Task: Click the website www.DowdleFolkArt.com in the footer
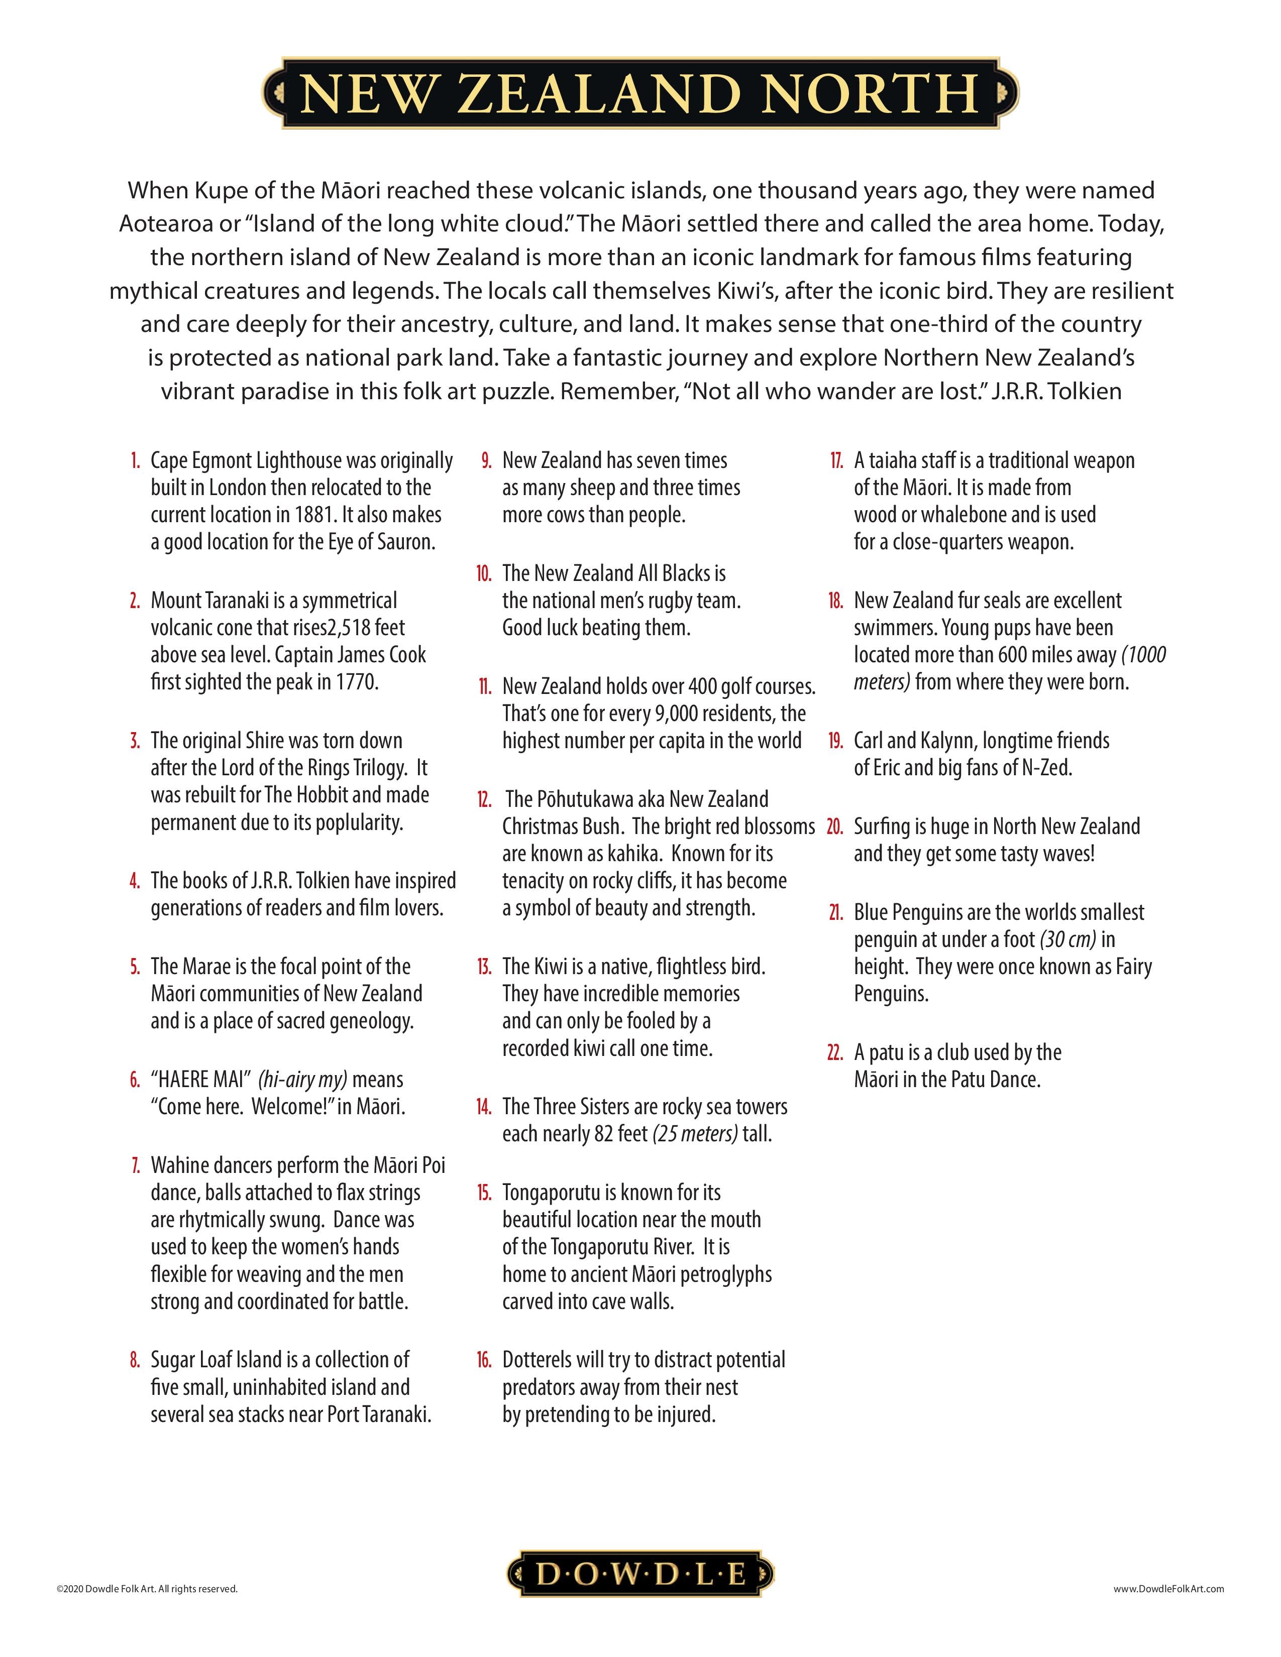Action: pyautogui.click(x=1168, y=1588)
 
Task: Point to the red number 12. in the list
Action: pyautogui.click(x=484, y=799)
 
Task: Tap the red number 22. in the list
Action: pyautogui.click(x=835, y=1052)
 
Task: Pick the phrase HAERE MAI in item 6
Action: pyautogui.click(x=201, y=1080)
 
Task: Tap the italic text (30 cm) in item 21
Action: pyautogui.click(x=1068, y=940)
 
